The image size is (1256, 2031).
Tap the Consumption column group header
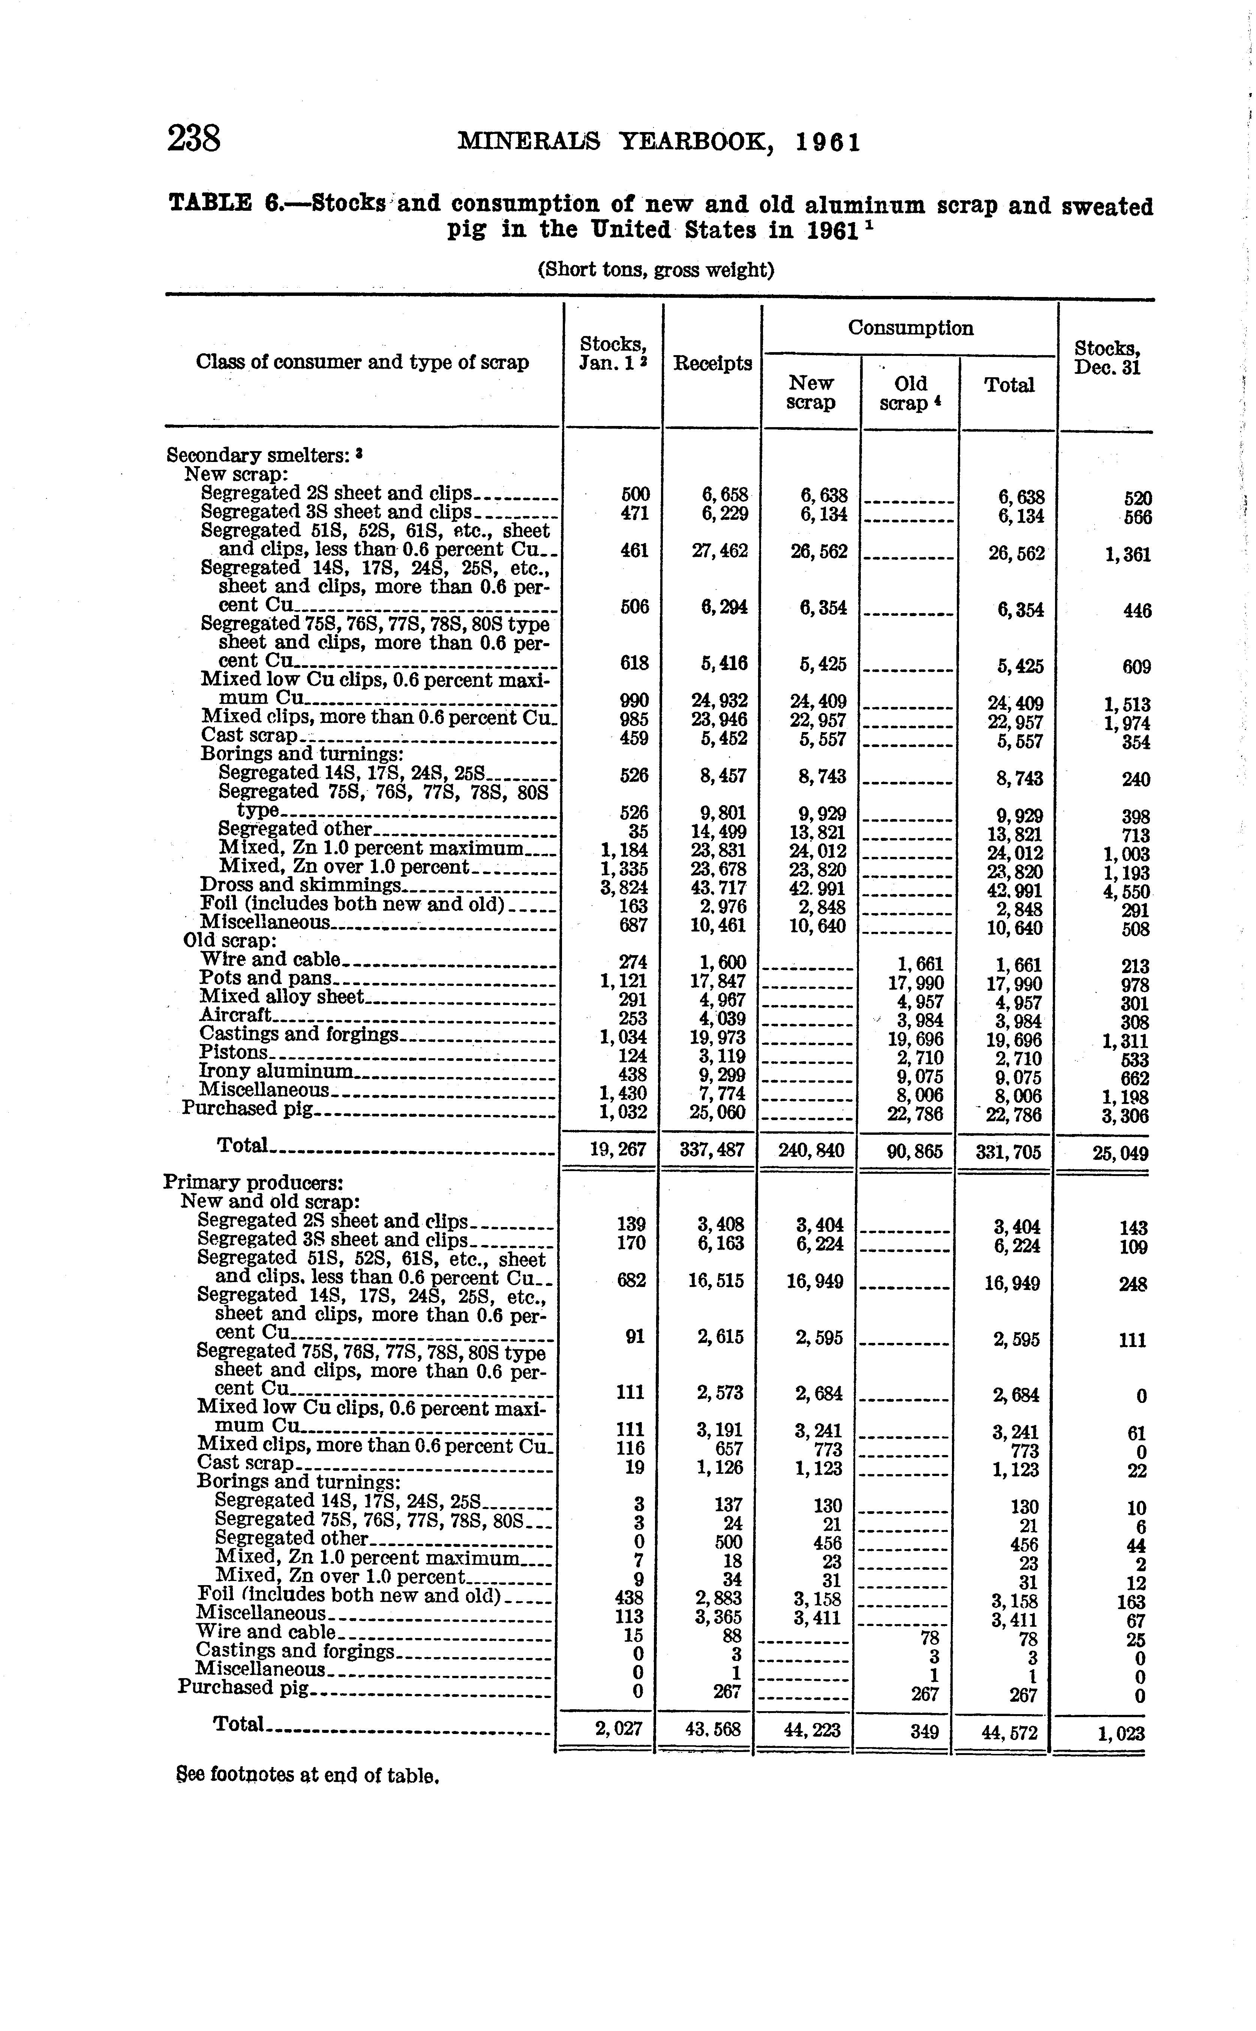[x=910, y=328]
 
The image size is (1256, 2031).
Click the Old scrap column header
[x=910, y=393]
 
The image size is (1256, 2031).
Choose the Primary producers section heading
[x=253, y=1182]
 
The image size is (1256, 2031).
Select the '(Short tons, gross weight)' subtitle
[x=655, y=270]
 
